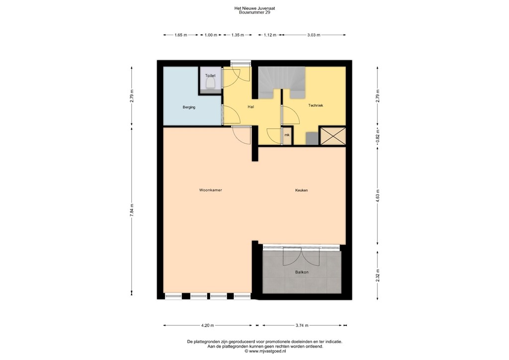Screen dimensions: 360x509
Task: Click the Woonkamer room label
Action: [x=210, y=190]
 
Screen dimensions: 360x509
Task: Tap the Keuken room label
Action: [x=301, y=190]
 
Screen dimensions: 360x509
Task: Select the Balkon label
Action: [x=302, y=272]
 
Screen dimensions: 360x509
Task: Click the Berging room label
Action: [x=189, y=107]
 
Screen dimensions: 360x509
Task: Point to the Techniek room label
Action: [x=316, y=105]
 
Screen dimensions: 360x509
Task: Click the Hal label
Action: [x=252, y=107]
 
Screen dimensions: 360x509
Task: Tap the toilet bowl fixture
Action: [x=210, y=86]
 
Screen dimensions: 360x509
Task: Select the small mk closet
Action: [x=287, y=135]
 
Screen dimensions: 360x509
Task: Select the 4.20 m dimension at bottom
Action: [x=207, y=326]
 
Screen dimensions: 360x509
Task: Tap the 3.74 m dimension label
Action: [x=302, y=326]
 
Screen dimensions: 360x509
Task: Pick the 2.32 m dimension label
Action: [x=378, y=274]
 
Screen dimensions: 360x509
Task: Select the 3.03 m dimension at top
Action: [x=314, y=35]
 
